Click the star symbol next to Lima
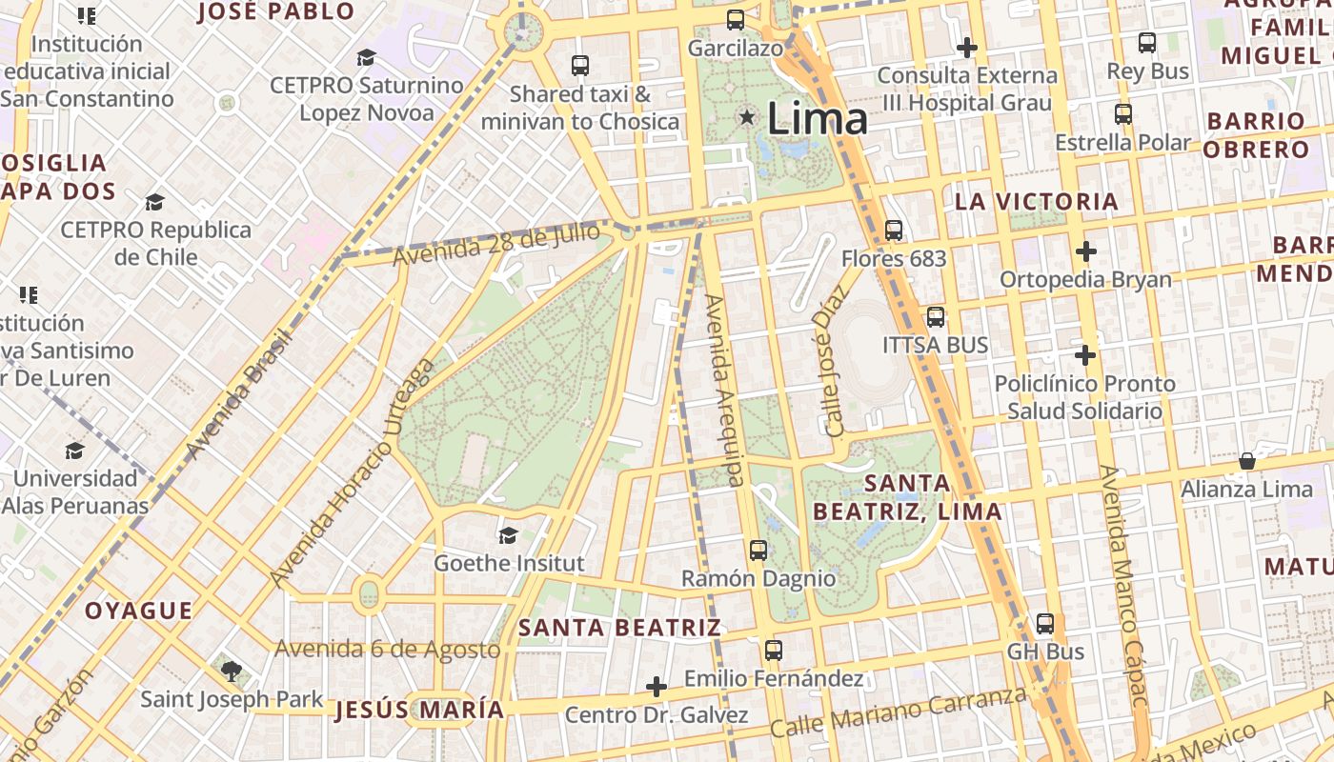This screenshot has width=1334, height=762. (747, 117)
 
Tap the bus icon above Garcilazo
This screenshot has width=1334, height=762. (735, 19)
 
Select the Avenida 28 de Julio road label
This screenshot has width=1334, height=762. (496, 244)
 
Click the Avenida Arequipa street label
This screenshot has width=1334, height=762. (724, 391)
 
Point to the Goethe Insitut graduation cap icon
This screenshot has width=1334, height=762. (508, 535)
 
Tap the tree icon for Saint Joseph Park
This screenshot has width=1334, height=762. (231, 671)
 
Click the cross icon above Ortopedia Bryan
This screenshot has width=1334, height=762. (1085, 251)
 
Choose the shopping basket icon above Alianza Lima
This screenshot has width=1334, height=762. (1246, 462)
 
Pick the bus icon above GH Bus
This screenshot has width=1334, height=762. (1045, 624)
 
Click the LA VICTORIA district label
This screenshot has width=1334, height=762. (1037, 202)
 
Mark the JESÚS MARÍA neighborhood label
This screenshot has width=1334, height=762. (419, 710)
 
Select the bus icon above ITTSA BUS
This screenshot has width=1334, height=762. (936, 317)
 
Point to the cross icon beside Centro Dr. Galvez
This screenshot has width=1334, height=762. (656, 686)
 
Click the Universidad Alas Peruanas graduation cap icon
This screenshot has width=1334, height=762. (74, 451)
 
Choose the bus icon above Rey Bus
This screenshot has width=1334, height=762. (1147, 43)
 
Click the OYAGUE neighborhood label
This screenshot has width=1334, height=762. (138, 611)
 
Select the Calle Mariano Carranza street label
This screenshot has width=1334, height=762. (899, 712)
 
